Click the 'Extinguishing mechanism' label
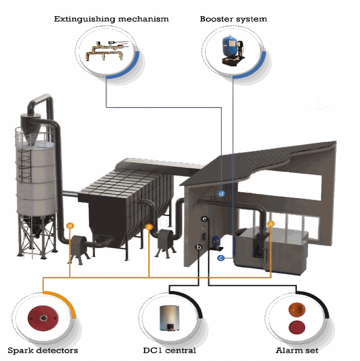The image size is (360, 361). click(112, 19)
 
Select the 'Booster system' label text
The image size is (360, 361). click(233, 19)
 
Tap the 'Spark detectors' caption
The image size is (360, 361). click(43, 350)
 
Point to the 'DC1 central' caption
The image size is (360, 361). click(170, 350)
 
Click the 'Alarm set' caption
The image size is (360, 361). click(297, 350)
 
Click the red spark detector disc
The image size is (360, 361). click(42, 317)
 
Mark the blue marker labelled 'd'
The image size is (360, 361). click(222, 194)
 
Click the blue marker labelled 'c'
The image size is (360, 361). click(221, 258)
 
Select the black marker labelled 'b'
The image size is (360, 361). click(199, 247)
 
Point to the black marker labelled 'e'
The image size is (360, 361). click(205, 218)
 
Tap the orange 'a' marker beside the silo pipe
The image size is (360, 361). click(70, 226)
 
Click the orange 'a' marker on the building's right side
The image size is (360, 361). click(270, 224)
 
